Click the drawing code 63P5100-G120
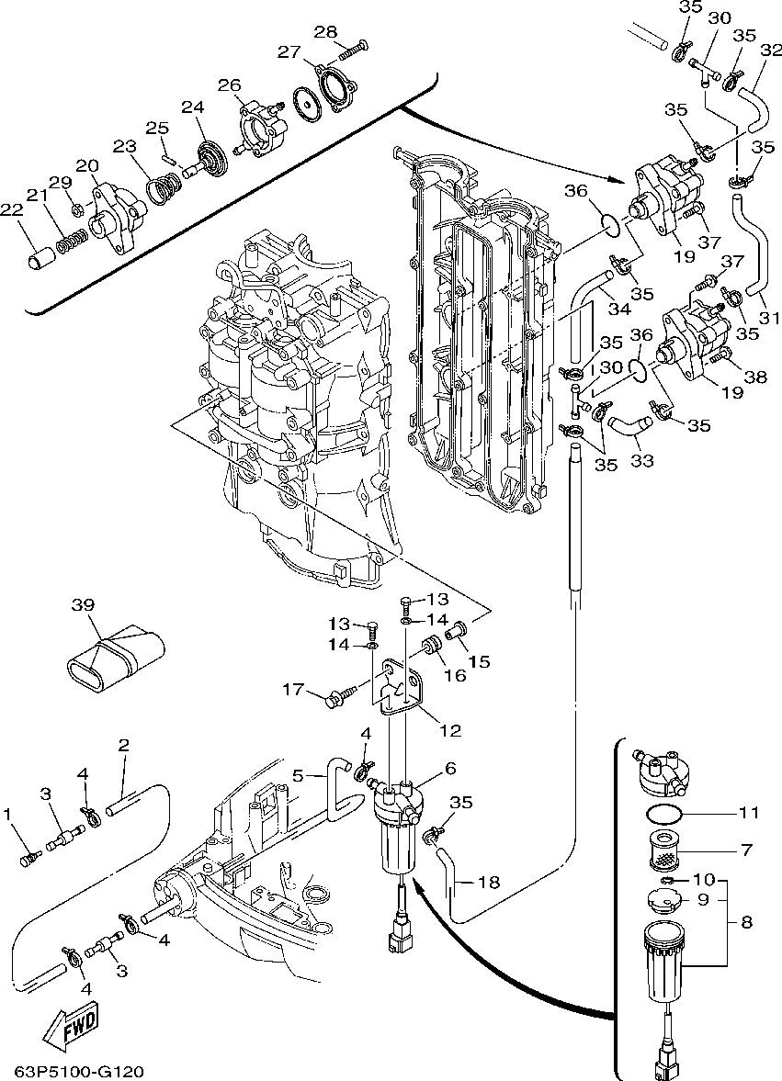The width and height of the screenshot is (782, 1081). point(79,1072)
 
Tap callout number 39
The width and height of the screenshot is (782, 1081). point(83,604)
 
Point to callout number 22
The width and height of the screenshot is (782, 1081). point(11,211)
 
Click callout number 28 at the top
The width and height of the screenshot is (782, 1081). point(324,32)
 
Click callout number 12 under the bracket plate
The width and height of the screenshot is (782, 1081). point(450,731)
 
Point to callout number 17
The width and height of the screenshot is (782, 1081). point(292,690)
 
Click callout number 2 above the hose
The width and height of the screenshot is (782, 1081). point(123,744)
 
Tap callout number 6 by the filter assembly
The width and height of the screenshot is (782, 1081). point(450,768)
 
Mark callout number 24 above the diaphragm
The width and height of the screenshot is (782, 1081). point(191,107)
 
